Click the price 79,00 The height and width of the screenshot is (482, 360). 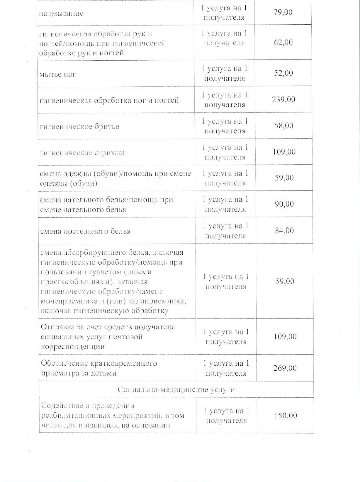click(283, 12)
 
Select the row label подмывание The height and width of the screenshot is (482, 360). click(61, 14)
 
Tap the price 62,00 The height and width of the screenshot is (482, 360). click(283, 42)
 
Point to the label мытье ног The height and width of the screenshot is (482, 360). click(58, 74)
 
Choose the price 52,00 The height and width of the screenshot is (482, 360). click(283, 73)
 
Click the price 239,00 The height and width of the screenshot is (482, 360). click(283, 100)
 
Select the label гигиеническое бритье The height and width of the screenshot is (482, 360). click(79, 127)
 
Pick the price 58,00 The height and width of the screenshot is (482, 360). click(284, 126)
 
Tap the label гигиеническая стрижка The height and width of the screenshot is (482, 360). click(82, 153)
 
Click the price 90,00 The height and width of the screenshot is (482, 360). click(284, 204)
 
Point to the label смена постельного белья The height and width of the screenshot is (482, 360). click(85, 231)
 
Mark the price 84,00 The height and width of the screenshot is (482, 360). click(284, 230)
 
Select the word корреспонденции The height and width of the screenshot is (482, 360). click(73, 347)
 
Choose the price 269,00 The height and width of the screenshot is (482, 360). click(285, 368)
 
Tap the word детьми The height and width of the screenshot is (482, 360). click(103, 373)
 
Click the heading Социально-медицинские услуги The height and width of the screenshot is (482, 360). click(176, 390)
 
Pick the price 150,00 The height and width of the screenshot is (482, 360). click(285, 416)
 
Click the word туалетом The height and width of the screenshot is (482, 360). click(104, 272)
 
